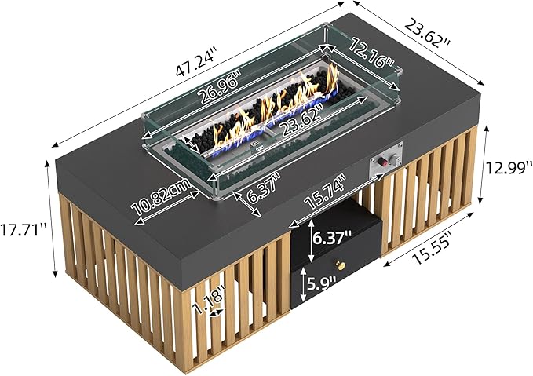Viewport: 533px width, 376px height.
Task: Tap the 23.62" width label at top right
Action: (427, 33)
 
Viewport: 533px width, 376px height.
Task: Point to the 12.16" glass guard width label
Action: (373, 53)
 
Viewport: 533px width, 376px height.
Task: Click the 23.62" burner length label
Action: (301, 118)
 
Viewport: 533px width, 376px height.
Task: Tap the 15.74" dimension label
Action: (325, 192)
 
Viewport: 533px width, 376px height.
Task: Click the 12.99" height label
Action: (509, 167)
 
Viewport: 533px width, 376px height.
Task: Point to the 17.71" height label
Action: (24, 230)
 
